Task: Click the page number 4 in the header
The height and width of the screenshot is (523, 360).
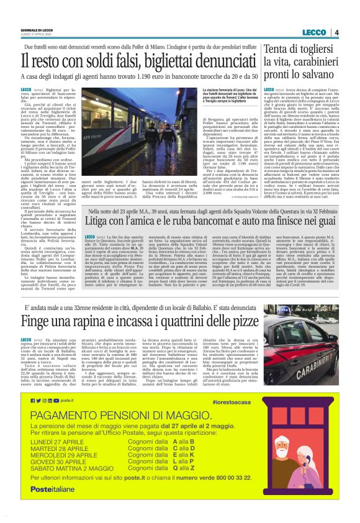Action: pos(336,32)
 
